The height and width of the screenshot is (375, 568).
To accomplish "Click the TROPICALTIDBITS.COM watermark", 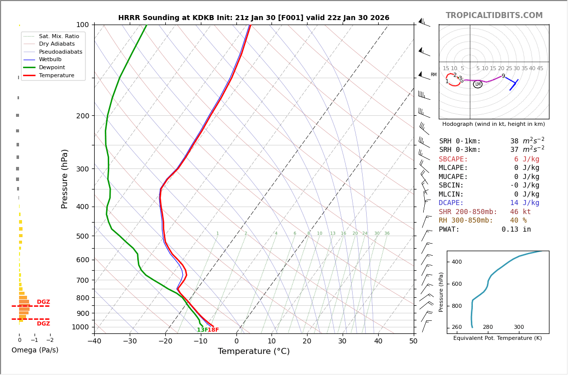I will pos(494,16).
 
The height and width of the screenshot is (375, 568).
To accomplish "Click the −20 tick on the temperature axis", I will pos(165,341).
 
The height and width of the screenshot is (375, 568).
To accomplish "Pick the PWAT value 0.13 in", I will pos(516,230).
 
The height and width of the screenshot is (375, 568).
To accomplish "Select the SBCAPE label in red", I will pos(453,159).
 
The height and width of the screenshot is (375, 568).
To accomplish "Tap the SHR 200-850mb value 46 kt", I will pos(520,212).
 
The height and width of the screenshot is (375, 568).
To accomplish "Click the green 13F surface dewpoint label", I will pos(202,330).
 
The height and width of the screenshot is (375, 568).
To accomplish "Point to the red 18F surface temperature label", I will pos(213,330).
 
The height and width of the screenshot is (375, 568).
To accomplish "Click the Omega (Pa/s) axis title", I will pos(35,350).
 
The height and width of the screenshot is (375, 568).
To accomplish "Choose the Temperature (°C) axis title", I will pos(253,351).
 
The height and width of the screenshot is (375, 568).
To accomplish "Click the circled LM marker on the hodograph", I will pos(477,84).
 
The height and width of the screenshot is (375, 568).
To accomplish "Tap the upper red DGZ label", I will pos(44,302).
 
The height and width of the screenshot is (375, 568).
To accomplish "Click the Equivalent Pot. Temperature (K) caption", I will pos(497,338).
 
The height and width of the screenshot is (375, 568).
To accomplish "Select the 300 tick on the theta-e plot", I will pos(518,327).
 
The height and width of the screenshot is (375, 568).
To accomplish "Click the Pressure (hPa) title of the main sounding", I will pos(65,178).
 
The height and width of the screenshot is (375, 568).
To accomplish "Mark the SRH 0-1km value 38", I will pos(514,141).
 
